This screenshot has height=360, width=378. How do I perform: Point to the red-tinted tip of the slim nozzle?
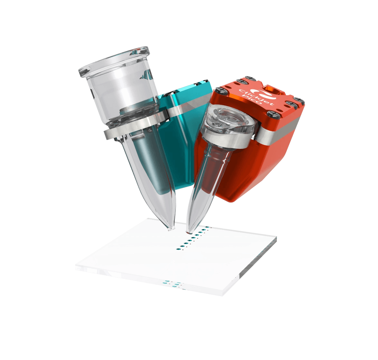[188, 232]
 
